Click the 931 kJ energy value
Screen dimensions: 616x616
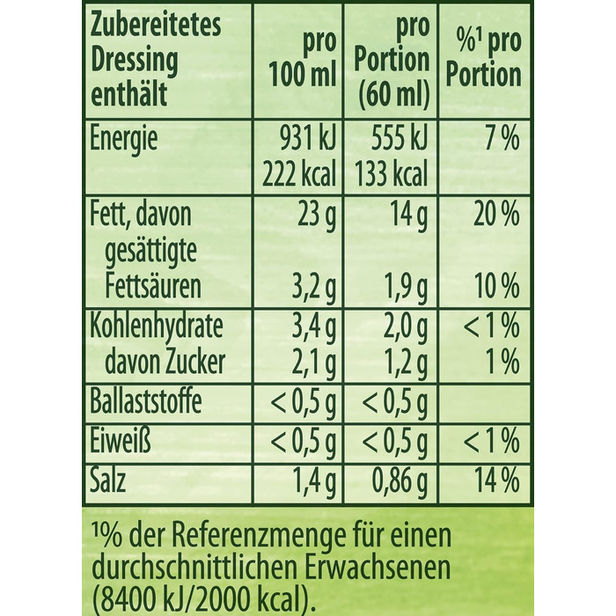[x=300, y=139]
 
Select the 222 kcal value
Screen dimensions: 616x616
[x=300, y=175]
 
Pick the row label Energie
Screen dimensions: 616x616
[x=124, y=139]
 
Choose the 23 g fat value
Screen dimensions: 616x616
[x=313, y=215]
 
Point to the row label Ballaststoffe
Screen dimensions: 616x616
[x=146, y=403]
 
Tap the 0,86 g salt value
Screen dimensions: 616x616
[x=394, y=480]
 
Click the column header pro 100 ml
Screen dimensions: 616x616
[x=300, y=60]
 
